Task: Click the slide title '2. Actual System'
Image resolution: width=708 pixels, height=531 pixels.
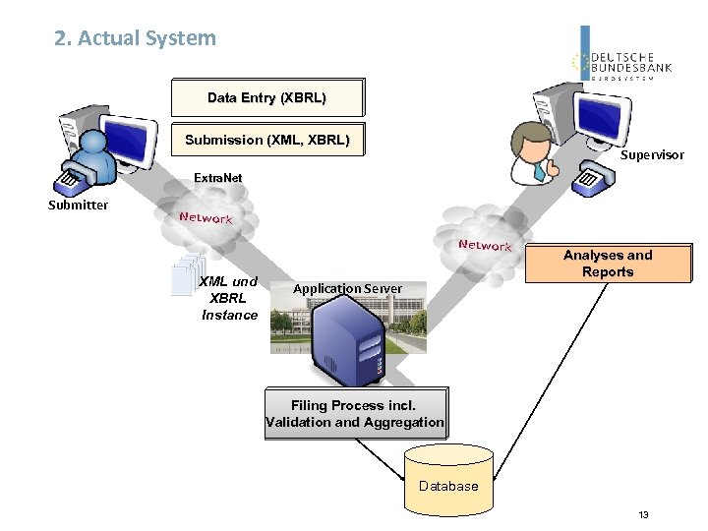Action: coord(136,38)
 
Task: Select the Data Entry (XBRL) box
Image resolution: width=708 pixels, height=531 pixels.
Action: coord(266,98)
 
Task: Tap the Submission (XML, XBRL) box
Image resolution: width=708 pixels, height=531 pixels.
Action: coord(266,140)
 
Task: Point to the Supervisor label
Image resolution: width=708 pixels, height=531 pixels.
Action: coord(651,155)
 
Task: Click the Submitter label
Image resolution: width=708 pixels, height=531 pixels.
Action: coord(78,205)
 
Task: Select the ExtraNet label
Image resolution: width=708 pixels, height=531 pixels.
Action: coord(217,178)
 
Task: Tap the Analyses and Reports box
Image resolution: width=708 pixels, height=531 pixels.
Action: coord(608,264)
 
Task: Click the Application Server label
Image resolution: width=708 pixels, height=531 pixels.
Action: coord(347,288)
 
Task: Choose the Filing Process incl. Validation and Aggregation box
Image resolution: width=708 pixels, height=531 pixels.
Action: coord(354,413)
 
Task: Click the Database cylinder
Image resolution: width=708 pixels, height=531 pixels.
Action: coord(448,483)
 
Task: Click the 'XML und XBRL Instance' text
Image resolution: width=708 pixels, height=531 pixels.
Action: coord(228,298)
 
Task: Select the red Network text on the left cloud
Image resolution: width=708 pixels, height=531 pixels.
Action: coord(206,217)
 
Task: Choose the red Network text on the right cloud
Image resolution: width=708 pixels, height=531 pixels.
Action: coord(485,245)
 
